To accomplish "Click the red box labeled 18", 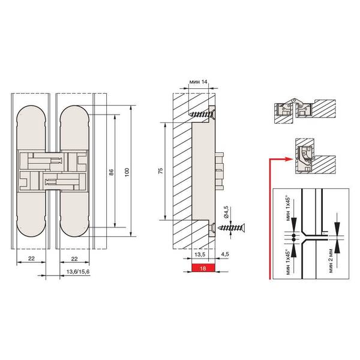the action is (x=203, y=268).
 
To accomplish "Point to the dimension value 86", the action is (x=112, y=172).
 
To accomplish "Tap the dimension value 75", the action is (x=161, y=170).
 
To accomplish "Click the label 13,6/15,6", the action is (x=78, y=272).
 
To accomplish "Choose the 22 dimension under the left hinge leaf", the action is (x=31, y=258).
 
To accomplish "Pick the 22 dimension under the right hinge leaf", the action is (x=74, y=259).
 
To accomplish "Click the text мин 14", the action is (x=199, y=82).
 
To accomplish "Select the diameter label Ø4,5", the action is (x=226, y=212).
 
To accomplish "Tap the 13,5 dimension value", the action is (x=200, y=254).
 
